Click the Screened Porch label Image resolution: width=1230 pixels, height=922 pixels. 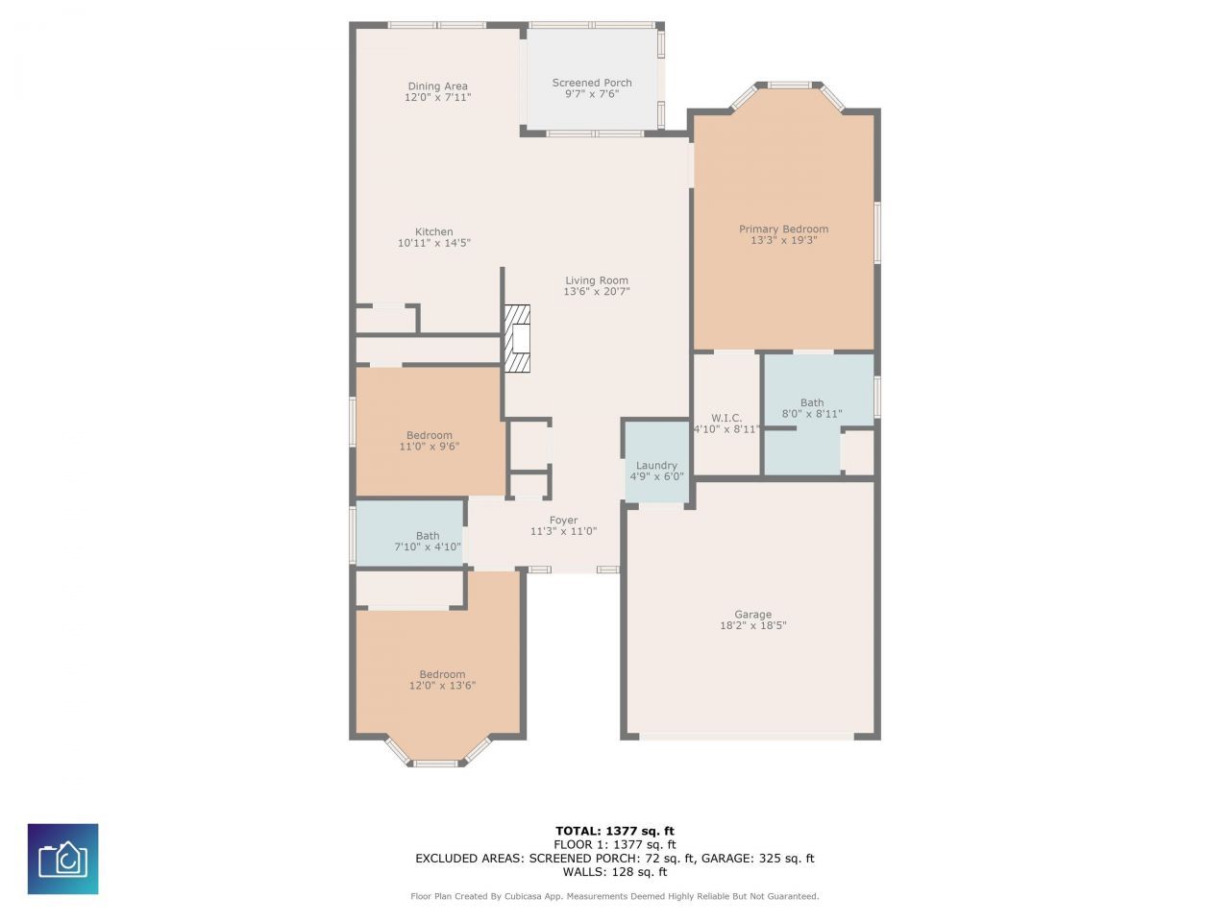(x=592, y=83)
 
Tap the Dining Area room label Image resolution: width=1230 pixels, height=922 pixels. (x=437, y=86)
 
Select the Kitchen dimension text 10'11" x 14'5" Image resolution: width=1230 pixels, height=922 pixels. (x=434, y=244)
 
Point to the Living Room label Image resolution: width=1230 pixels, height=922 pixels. (x=596, y=280)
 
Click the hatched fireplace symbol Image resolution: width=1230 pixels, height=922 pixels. (x=518, y=338)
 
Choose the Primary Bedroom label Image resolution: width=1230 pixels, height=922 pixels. (x=783, y=229)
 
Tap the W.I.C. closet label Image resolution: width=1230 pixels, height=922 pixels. (x=726, y=418)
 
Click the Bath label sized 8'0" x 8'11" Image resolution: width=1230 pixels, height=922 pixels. (x=812, y=403)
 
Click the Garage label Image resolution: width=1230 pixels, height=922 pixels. (x=752, y=615)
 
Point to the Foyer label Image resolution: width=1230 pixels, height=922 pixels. (x=564, y=521)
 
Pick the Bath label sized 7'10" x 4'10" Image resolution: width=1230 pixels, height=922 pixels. (x=428, y=536)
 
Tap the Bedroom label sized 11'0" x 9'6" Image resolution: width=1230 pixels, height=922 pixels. (x=429, y=435)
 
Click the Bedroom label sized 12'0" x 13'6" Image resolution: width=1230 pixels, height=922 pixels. (x=442, y=674)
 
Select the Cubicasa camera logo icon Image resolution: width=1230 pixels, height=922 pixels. (x=62, y=859)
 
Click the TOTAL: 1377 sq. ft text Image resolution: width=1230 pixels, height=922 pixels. (x=615, y=831)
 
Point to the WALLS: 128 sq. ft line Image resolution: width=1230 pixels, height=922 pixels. (x=615, y=872)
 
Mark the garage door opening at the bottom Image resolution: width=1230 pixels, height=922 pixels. (x=747, y=737)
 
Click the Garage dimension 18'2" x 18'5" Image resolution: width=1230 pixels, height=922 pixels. (x=753, y=626)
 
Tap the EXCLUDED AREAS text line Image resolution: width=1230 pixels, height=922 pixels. (x=615, y=859)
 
